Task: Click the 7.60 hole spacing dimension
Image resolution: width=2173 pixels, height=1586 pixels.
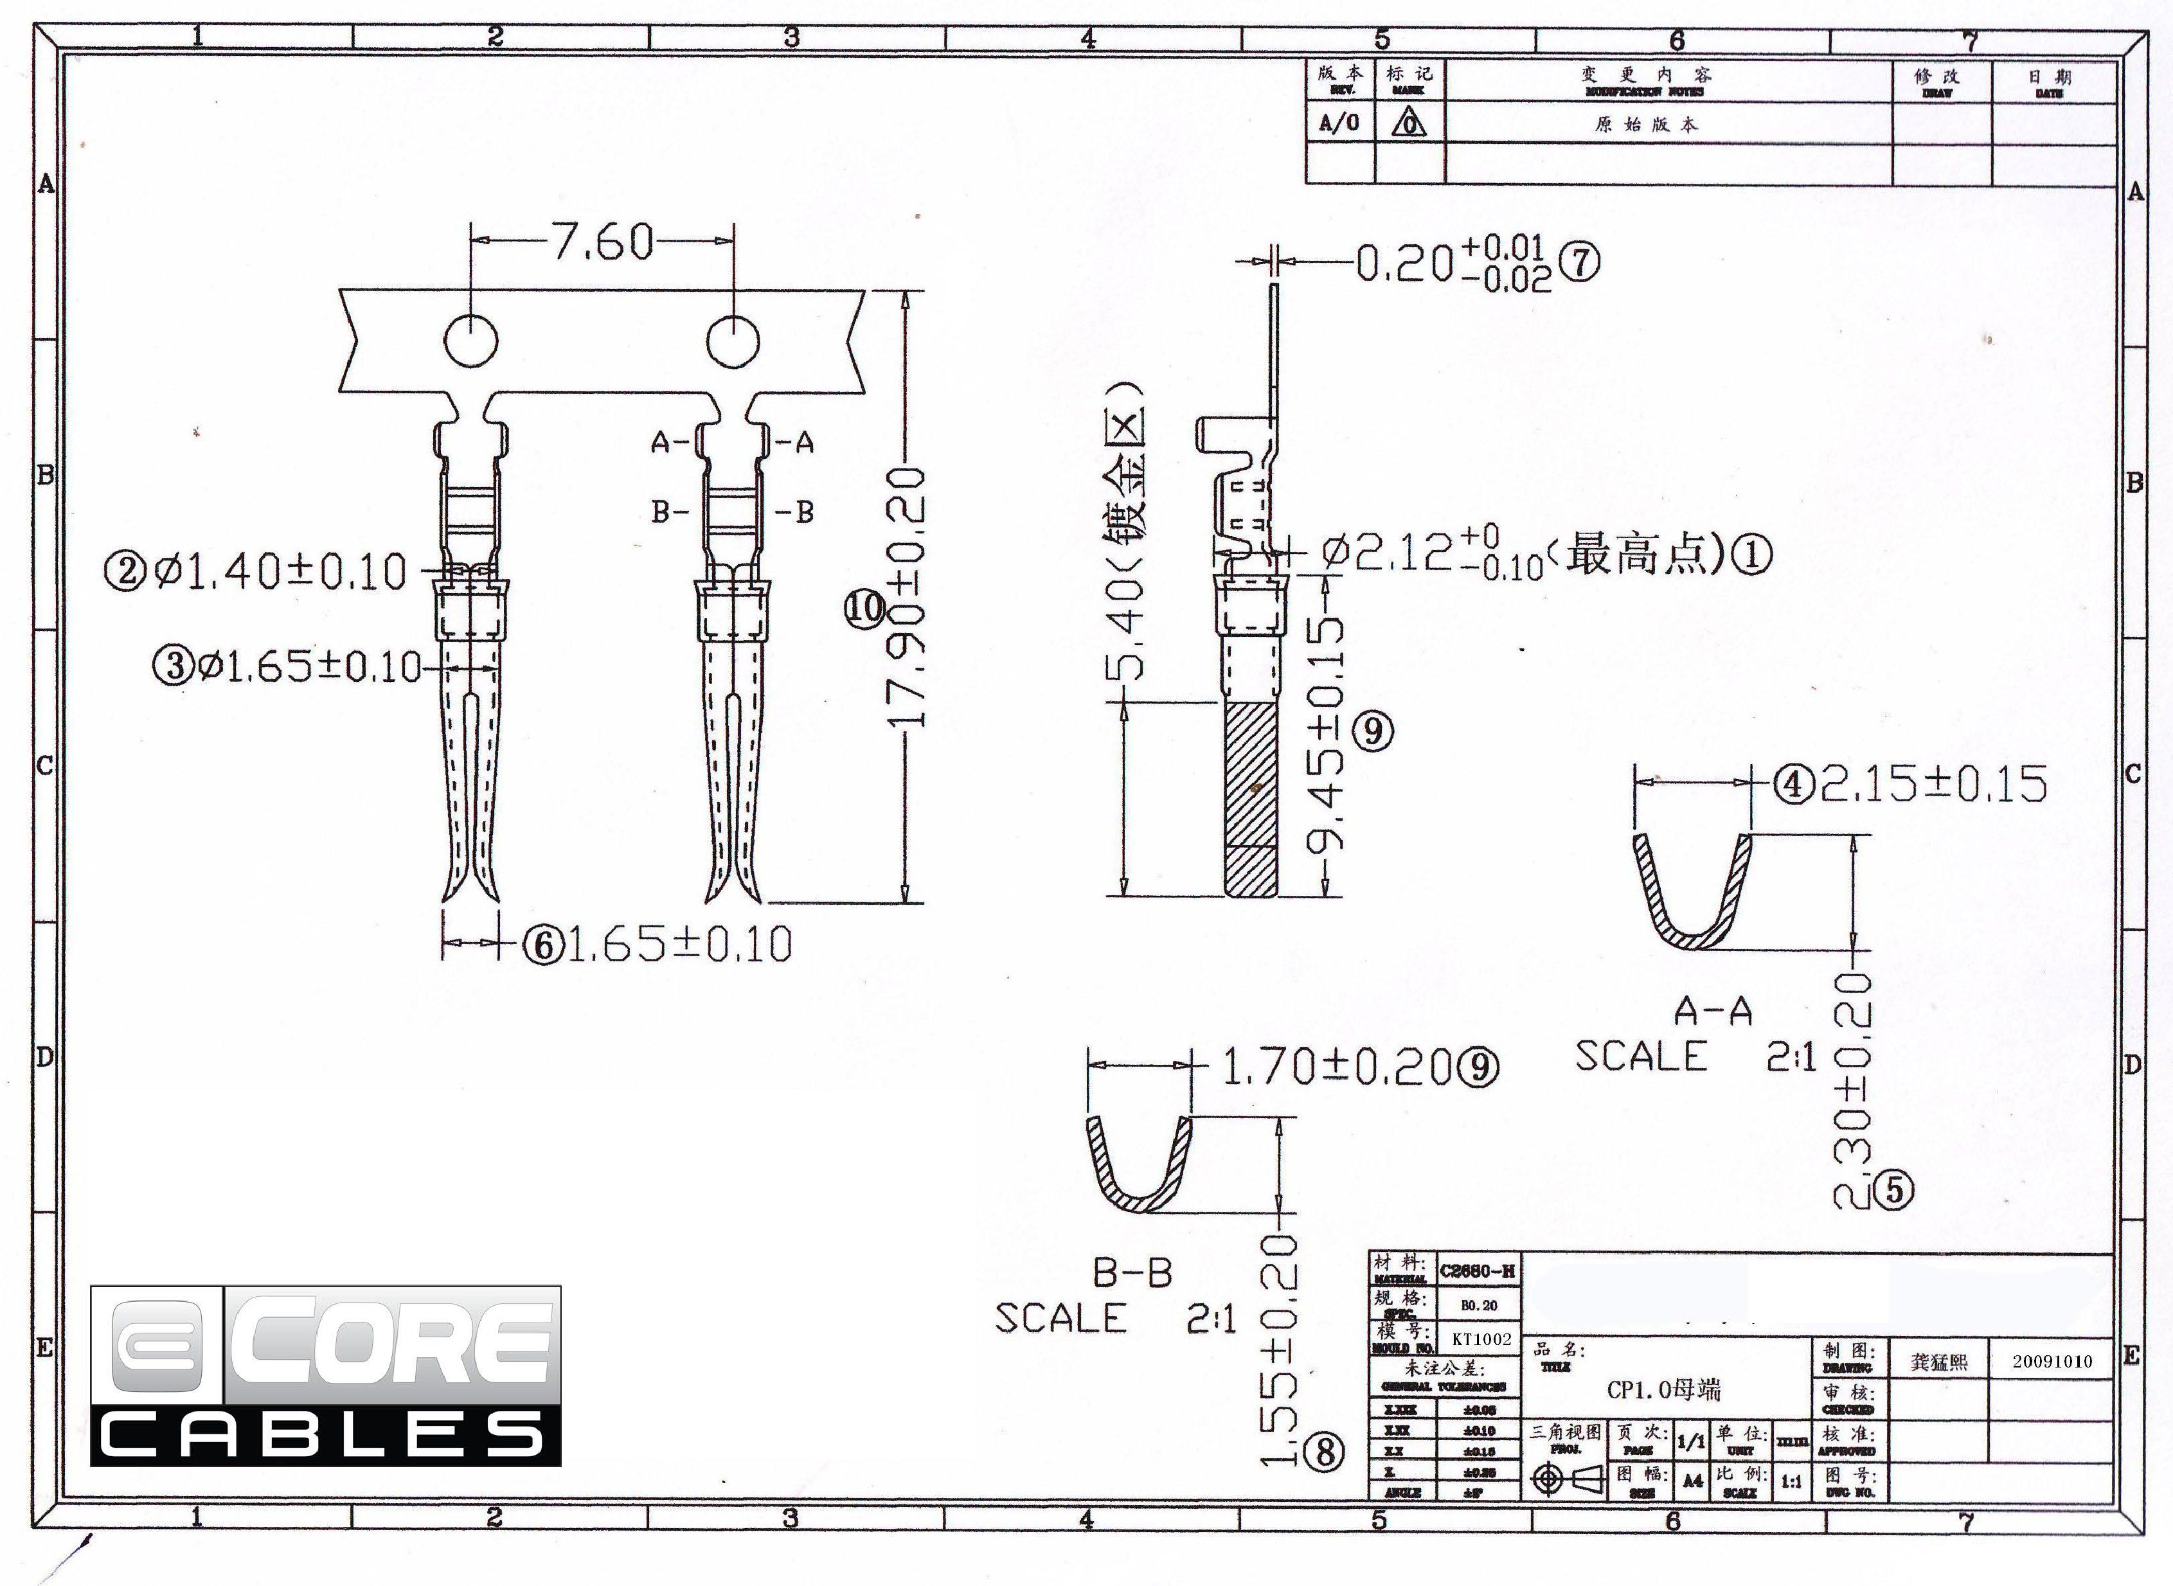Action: [603, 242]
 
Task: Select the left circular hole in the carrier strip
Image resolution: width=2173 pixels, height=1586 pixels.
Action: [470, 341]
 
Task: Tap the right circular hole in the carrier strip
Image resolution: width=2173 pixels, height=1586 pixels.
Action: [733, 341]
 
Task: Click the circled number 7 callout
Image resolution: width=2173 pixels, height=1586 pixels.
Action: [1578, 263]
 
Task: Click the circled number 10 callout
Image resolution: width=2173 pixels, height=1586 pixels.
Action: [864, 608]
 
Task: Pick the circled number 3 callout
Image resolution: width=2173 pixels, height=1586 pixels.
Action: [175, 664]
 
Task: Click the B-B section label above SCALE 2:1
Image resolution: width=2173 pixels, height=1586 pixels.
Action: [1133, 1273]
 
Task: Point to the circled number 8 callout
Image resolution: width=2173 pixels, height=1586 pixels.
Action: [1325, 1454]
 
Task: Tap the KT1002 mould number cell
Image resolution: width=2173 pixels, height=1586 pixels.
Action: [1481, 1339]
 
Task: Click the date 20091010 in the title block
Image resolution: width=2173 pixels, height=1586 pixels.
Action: [2052, 1361]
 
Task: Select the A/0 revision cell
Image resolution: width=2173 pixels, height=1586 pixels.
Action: [1339, 123]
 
